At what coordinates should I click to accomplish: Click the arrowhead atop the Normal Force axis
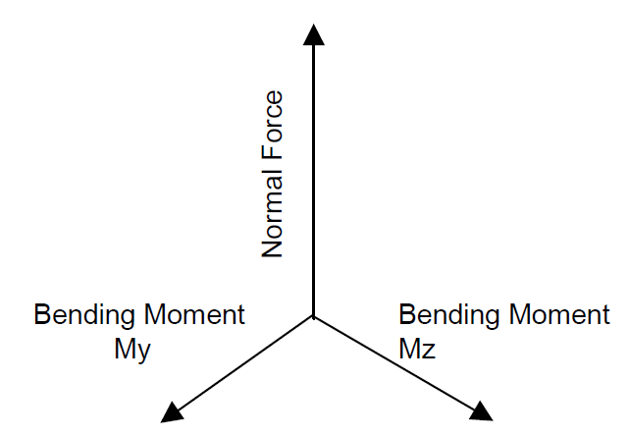click(313, 35)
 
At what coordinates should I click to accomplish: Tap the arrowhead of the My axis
click(173, 410)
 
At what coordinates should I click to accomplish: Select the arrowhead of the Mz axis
click(481, 410)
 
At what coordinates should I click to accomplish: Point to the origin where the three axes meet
click(313, 316)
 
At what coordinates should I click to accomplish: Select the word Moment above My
click(192, 315)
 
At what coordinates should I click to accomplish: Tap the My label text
click(132, 349)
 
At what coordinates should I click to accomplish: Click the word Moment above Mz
click(557, 315)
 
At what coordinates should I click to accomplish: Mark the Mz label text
click(418, 349)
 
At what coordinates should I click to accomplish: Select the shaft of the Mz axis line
click(397, 362)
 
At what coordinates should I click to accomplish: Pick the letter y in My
click(143, 351)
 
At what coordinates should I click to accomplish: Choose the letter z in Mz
click(429, 351)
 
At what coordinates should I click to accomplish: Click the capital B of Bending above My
click(43, 315)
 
